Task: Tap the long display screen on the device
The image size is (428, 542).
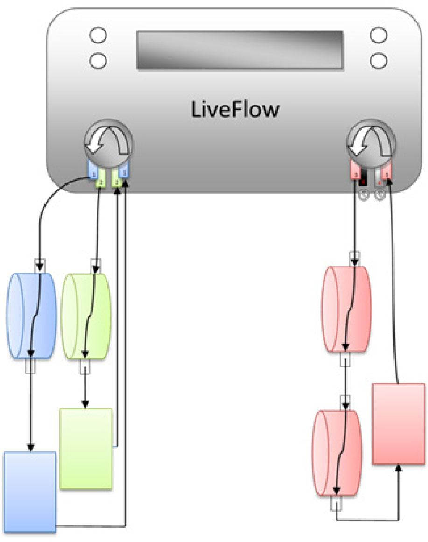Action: [239, 50]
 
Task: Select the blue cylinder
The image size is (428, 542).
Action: [31, 316]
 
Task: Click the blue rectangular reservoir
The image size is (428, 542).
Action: [30, 492]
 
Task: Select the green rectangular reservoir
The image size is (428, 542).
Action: [86, 448]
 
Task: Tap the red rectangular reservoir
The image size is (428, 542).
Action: [398, 423]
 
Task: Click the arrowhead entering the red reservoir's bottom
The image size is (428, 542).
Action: [399, 467]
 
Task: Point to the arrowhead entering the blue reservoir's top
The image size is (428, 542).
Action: [31, 448]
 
